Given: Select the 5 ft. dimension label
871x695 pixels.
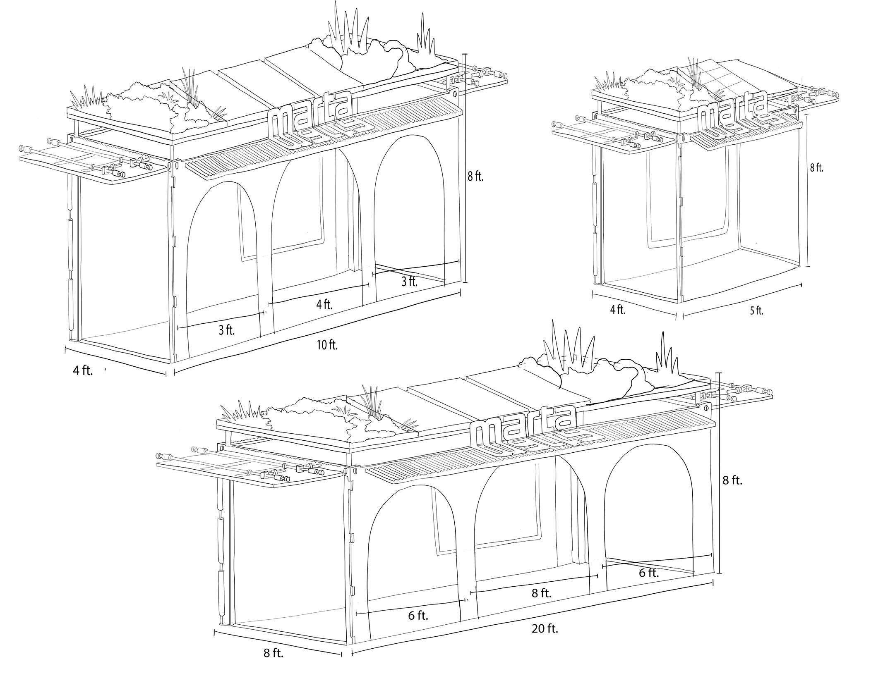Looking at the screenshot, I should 756,311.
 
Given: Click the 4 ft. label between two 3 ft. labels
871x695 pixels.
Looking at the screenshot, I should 324,305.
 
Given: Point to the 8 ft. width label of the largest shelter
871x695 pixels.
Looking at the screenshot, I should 274,665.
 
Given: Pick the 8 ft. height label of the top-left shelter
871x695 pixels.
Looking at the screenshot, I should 475,177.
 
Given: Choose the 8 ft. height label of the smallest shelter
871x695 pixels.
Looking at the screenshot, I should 816,168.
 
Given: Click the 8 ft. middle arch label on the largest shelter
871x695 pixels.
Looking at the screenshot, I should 542,593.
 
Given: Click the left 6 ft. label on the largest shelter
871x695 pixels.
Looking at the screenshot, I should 418,616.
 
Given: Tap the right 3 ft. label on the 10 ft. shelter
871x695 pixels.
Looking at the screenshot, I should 410,282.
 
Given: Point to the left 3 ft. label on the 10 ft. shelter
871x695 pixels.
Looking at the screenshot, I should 226,330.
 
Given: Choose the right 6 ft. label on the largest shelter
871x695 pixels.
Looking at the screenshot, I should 649,573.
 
